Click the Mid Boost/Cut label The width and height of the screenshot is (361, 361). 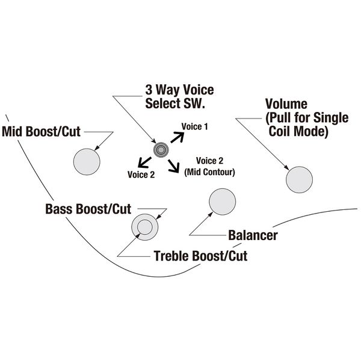click(x=42, y=131)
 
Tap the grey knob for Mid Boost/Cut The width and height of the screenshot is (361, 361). click(x=86, y=160)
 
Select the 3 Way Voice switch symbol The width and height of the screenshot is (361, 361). click(x=160, y=150)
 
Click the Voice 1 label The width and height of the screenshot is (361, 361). click(x=195, y=128)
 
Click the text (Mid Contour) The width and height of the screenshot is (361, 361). click(x=210, y=172)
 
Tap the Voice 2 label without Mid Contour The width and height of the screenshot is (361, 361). click(x=141, y=174)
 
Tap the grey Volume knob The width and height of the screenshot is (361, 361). click(x=299, y=179)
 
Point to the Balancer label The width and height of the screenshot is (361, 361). click(x=253, y=235)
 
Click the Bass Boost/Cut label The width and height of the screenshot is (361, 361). click(x=88, y=210)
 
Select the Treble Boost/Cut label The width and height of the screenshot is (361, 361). click(x=201, y=256)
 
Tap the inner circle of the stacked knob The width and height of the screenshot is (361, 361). click(x=144, y=226)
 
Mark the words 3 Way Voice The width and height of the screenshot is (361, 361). click(x=179, y=90)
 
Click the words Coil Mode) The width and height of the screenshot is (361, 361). click(x=298, y=132)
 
